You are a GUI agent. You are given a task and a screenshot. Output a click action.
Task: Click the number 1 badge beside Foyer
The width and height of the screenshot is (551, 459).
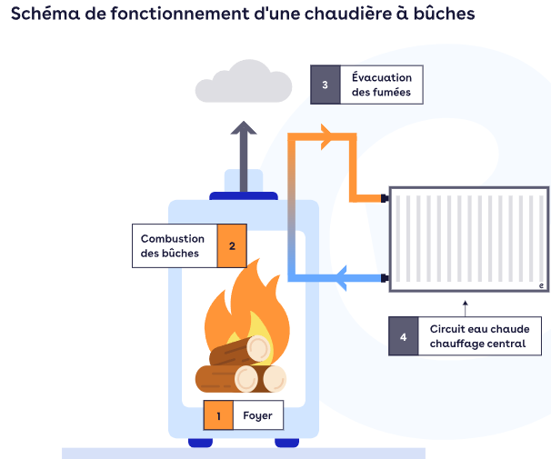click(218, 416)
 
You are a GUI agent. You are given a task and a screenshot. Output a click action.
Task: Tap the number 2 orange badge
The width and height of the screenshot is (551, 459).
click(232, 245)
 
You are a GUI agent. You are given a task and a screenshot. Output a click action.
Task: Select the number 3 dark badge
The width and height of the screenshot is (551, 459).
click(326, 85)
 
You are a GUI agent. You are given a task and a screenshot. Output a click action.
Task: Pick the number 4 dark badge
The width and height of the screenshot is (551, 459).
click(403, 335)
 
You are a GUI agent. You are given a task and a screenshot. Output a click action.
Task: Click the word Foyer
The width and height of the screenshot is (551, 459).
click(257, 416)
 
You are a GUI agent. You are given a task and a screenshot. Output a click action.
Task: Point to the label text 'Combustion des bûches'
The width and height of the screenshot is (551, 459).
click(173, 245)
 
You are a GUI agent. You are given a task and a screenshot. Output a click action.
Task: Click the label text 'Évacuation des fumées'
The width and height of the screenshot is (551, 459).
click(381, 85)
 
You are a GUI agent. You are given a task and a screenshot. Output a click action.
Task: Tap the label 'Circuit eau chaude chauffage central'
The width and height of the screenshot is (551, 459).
click(478, 335)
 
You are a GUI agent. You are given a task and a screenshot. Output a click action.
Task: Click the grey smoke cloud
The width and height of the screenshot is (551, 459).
click(243, 82)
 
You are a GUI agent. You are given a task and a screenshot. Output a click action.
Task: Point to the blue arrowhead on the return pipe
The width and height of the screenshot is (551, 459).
click(343, 276)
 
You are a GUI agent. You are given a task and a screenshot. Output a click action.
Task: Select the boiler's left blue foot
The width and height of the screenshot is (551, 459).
click(201, 443)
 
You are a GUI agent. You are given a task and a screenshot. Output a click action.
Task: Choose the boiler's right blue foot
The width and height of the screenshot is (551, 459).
click(286, 443)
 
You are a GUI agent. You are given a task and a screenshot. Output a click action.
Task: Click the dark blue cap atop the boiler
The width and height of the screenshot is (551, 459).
click(243, 195)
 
